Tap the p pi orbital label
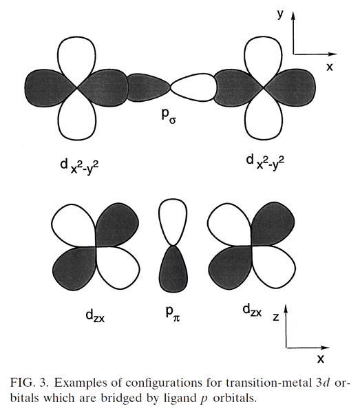[x=173, y=314]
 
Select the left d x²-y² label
[x=79, y=167]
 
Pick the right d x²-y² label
[x=265, y=162]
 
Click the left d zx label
[x=95, y=315]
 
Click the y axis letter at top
[x=280, y=14]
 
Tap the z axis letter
[x=276, y=317]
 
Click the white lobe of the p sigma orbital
[x=194, y=87]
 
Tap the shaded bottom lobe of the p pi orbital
[x=173, y=269]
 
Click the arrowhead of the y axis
[x=293, y=16]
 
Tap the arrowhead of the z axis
[x=286, y=310]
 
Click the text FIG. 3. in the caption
[x=29, y=383]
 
